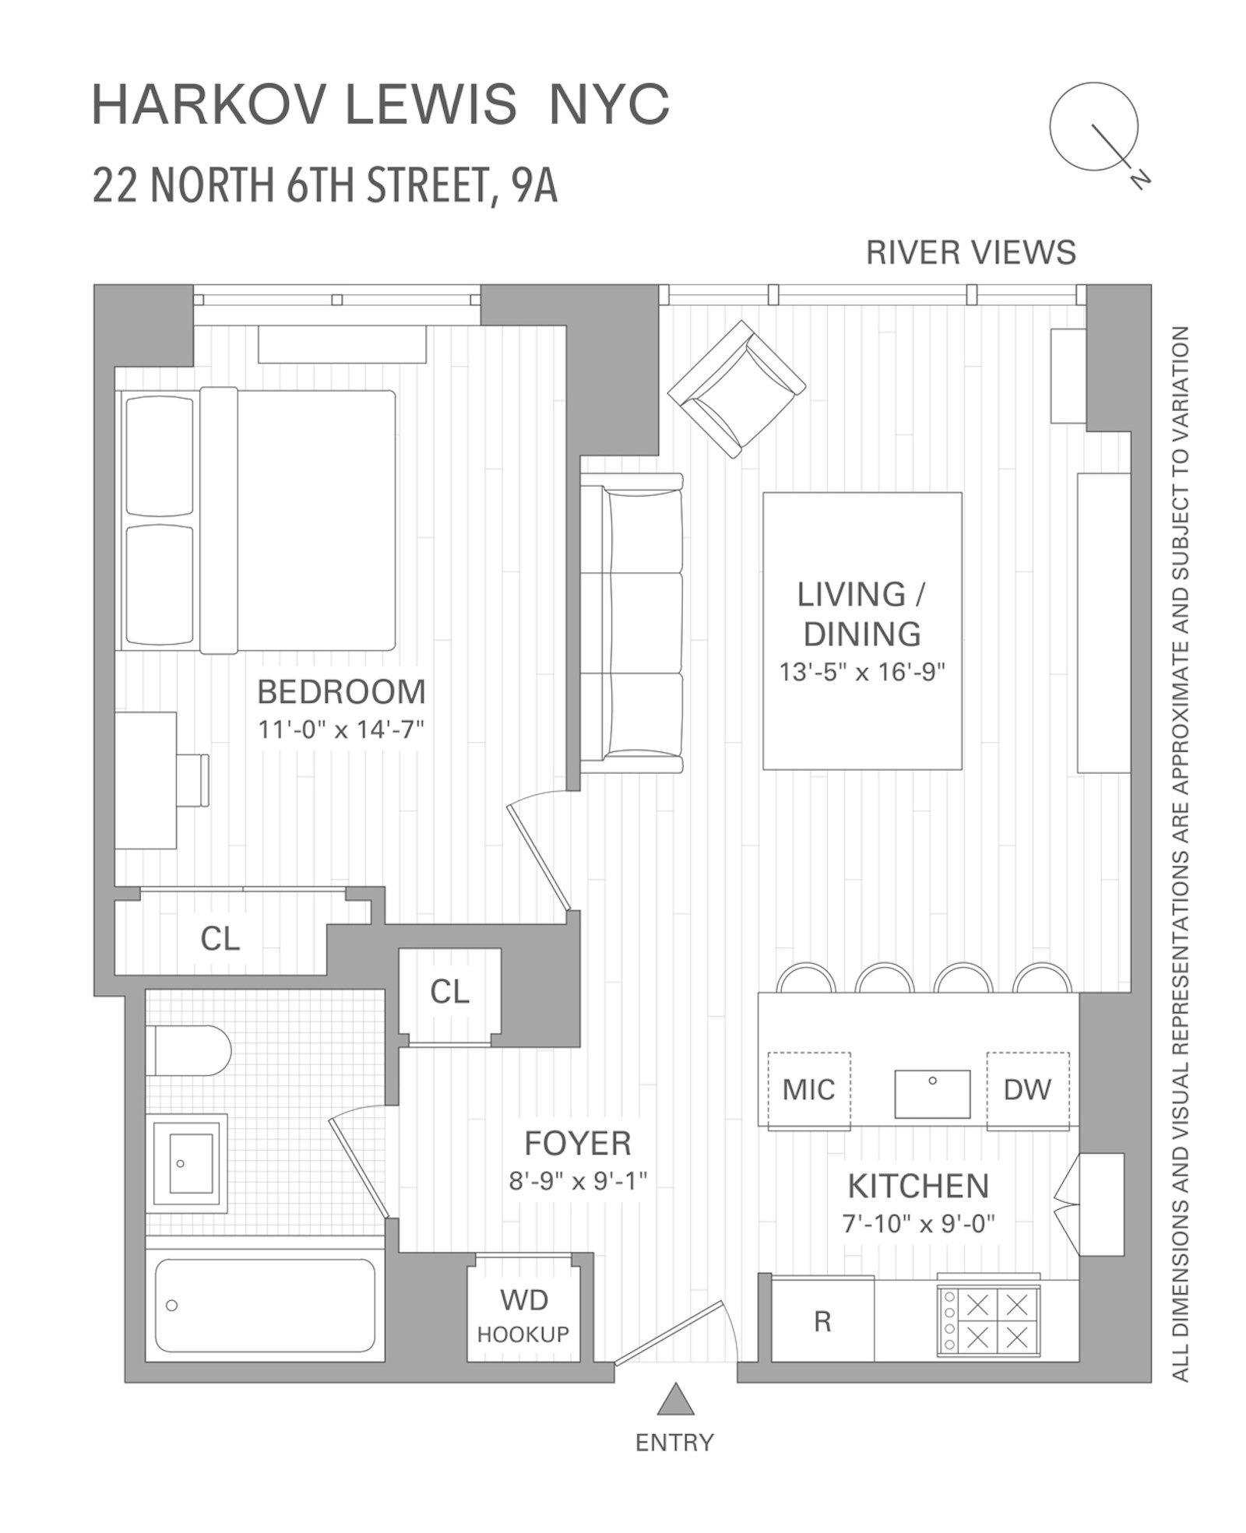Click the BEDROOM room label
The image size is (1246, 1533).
coord(341,691)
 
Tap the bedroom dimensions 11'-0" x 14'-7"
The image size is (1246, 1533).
coord(341,730)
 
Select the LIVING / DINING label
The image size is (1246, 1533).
coord(861,614)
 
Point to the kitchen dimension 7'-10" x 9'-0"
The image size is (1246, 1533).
coord(919,1225)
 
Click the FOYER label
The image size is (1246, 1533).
coord(577,1143)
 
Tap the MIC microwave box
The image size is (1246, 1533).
coord(808,1090)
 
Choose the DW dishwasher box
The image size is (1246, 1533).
coord(1027,1090)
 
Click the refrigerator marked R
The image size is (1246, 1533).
coord(822,1321)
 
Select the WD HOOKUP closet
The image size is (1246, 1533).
coord(523,1316)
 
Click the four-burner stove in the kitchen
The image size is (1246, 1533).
coord(989,1321)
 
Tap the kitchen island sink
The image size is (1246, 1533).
coord(932,1093)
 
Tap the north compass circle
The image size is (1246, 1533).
coord(1093,127)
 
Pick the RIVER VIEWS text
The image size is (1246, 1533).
coord(971,253)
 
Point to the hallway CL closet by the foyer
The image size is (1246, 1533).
coord(449,992)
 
